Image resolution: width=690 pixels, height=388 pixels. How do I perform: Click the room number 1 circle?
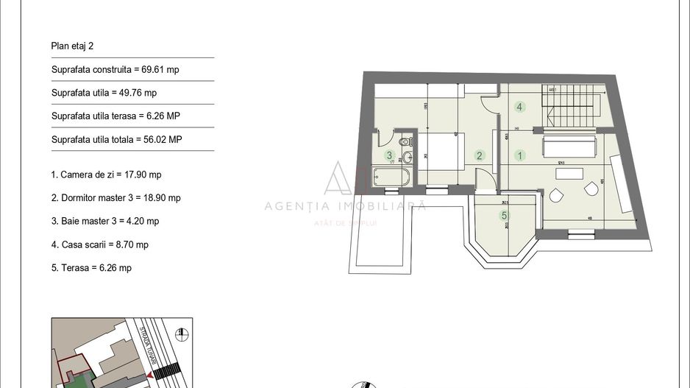[x=520, y=155]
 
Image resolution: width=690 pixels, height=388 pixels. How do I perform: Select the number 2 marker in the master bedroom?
[x=480, y=155]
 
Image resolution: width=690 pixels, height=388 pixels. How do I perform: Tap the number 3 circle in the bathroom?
[x=389, y=155]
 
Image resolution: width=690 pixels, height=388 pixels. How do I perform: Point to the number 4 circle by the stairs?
[x=519, y=107]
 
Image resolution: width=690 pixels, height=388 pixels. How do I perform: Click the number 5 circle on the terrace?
[x=504, y=216]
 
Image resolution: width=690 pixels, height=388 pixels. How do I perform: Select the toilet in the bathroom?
[x=405, y=142]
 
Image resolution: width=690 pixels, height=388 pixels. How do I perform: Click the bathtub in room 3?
[x=391, y=177]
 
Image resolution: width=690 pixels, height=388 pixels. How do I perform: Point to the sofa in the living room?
[x=570, y=145]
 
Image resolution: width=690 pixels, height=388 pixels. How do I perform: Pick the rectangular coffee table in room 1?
[x=568, y=174]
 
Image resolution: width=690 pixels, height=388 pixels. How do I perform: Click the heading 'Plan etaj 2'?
[x=72, y=46]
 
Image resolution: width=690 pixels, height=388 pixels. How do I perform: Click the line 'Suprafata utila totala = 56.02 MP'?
[x=116, y=139]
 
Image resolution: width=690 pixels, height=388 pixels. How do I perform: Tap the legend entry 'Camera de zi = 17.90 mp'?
[x=106, y=174]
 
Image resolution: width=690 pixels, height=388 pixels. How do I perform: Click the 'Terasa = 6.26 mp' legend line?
[x=91, y=268]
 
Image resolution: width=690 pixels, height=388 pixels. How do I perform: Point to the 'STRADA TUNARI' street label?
[x=143, y=340]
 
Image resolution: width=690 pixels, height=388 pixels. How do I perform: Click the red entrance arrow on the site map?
[x=150, y=376]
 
